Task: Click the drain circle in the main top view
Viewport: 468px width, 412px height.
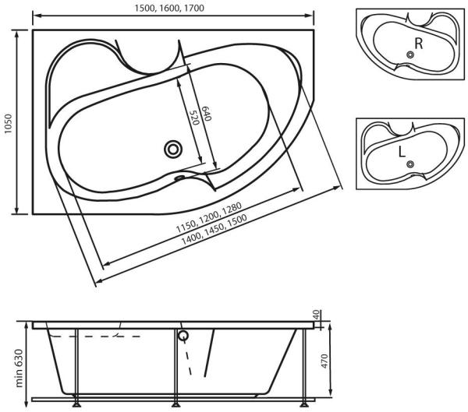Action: click(172, 149)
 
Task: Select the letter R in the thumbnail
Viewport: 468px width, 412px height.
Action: click(419, 44)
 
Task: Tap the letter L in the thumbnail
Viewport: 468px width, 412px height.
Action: click(401, 153)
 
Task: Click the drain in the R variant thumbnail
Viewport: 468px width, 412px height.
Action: click(410, 55)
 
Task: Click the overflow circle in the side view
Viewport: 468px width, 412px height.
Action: click(184, 336)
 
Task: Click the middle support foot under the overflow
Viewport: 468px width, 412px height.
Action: click(176, 404)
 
